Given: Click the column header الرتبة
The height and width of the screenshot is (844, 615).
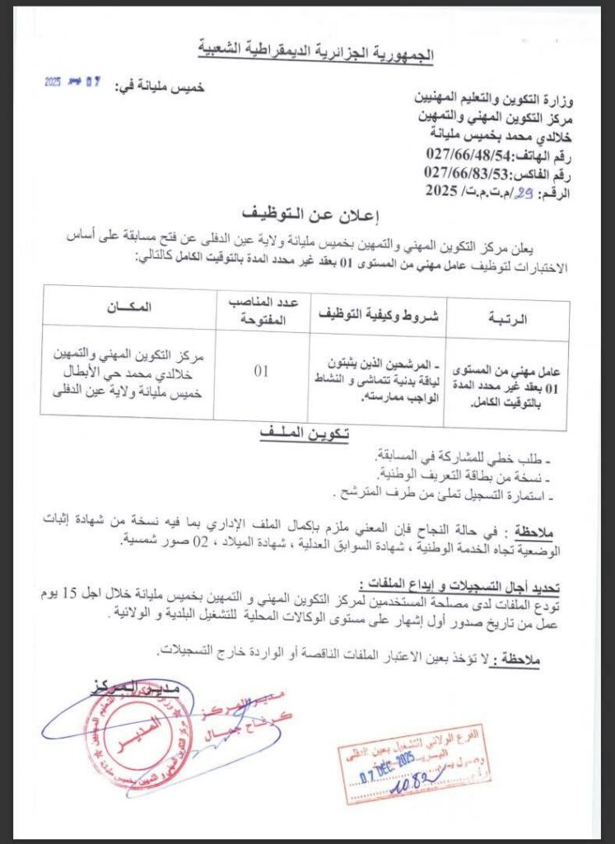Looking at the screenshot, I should pyautogui.click(x=509, y=318).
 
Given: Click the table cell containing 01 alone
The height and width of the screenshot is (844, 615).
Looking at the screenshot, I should pyautogui.click(x=261, y=371).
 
